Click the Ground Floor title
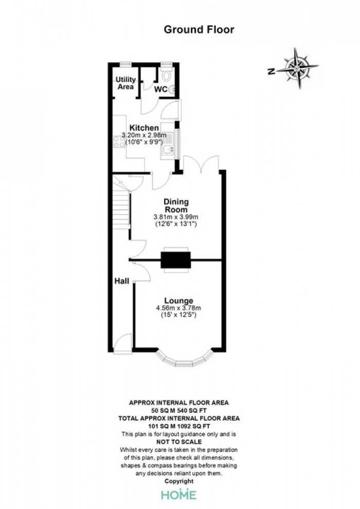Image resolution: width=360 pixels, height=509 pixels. point(199,29)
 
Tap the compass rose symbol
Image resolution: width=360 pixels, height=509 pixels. point(297,68)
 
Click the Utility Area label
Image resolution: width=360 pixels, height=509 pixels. point(125,83)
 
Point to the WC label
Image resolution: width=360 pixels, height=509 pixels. point(160,89)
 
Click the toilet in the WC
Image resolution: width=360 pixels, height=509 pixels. point(166,74)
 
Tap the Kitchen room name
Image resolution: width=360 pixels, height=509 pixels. point(144,128)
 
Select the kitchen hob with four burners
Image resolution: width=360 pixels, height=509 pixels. point(119,142)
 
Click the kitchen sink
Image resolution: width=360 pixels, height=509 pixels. point(168,149)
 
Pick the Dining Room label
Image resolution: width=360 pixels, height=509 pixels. point(176,206)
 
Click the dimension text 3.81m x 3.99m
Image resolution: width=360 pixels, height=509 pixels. point(176,217)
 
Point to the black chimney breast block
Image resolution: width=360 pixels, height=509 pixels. point(175,260)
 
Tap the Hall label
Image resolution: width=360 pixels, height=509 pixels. point(122,281)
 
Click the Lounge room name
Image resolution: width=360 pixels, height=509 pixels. point(178,301)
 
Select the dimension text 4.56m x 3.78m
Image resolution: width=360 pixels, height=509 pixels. point(178,308)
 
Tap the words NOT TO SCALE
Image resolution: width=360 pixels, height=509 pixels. point(179,442)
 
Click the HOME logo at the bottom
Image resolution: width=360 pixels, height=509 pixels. point(179,495)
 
